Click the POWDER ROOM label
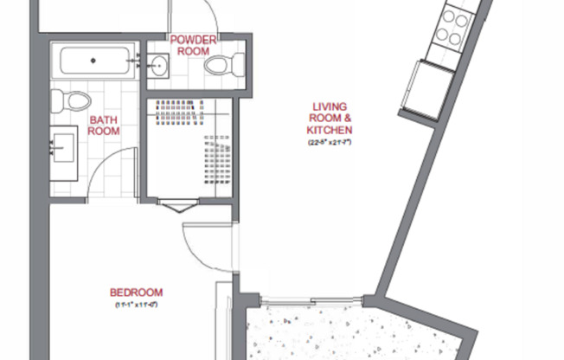[x=193, y=45]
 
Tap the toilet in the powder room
[x=231, y=63]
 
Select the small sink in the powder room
[x=159, y=64]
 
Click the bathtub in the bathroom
[x=94, y=62]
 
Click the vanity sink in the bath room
[x=62, y=147]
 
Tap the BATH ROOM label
[x=103, y=125]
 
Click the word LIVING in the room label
[x=329, y=108]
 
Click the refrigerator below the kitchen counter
[x=423, y=88]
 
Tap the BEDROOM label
[x=137, y=292]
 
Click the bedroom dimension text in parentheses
[x=137, y=305]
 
